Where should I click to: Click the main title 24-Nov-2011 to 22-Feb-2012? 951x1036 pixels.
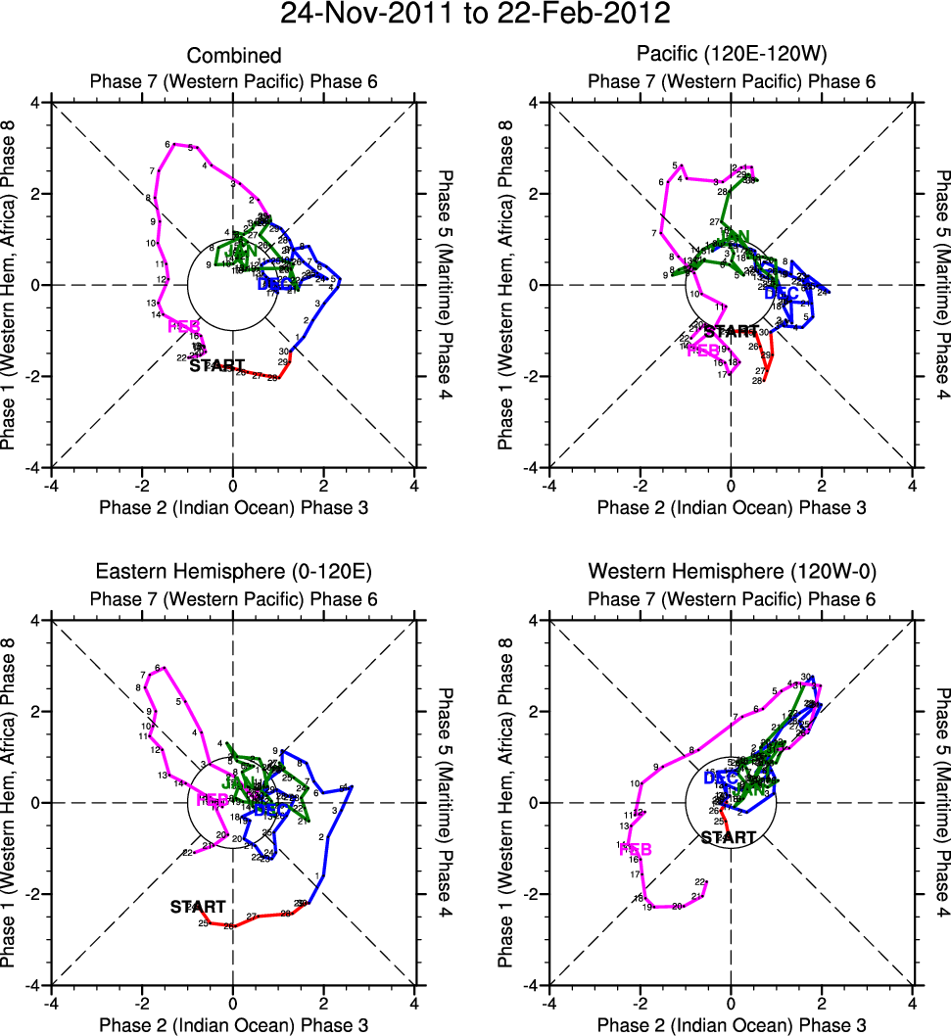(475, 15)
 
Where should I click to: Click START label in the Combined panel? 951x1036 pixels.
(216, 366)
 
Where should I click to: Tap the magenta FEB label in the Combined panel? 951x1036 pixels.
(184, 326)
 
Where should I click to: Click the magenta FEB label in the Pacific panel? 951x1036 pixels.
(701, 350)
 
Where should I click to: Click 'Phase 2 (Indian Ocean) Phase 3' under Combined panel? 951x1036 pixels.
(233, 507)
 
